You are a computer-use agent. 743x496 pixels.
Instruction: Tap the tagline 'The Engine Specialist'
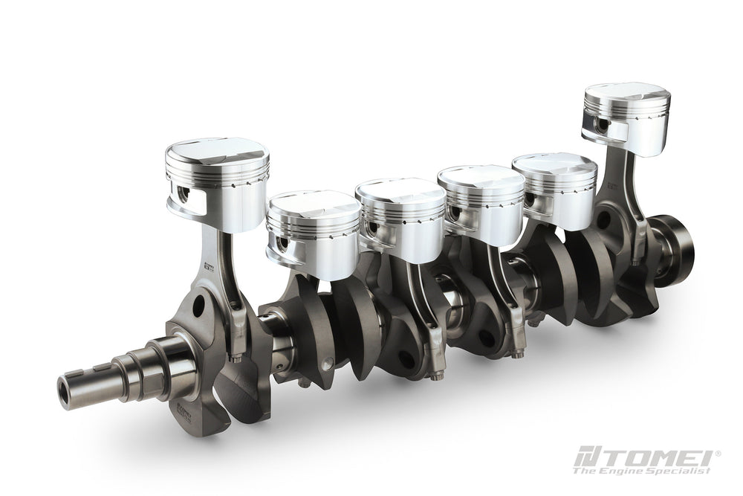point(642,470)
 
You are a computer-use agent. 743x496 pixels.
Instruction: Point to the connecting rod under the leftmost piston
point(223,275)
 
